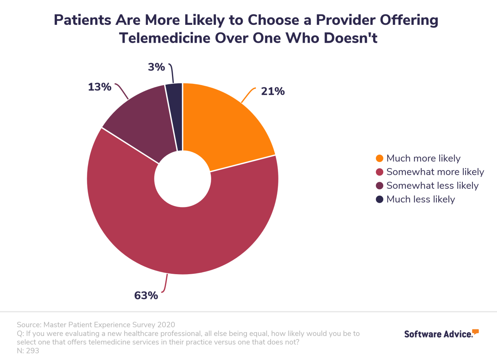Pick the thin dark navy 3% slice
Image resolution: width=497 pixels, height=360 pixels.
click(175, 117)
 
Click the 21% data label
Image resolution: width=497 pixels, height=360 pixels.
click(273, 92)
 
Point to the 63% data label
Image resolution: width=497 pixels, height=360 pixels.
click(146, 296)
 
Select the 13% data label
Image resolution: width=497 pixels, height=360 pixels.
click(99, 87)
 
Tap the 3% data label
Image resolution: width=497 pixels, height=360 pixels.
click(156, 67)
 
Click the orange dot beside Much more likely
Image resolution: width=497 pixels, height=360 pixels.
click(379, 158)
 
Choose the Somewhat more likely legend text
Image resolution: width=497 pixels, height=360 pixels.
click(435, 172)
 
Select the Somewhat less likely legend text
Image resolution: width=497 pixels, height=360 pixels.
click(432, 186)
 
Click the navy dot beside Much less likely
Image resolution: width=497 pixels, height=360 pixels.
click(379, 199)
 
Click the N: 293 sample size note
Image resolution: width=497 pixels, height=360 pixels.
click(28, 351)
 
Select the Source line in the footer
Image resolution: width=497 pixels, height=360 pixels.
click(96, 325)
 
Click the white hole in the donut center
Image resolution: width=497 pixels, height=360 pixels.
click(182, 179)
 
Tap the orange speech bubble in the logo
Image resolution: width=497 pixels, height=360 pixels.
click(475, 331)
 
